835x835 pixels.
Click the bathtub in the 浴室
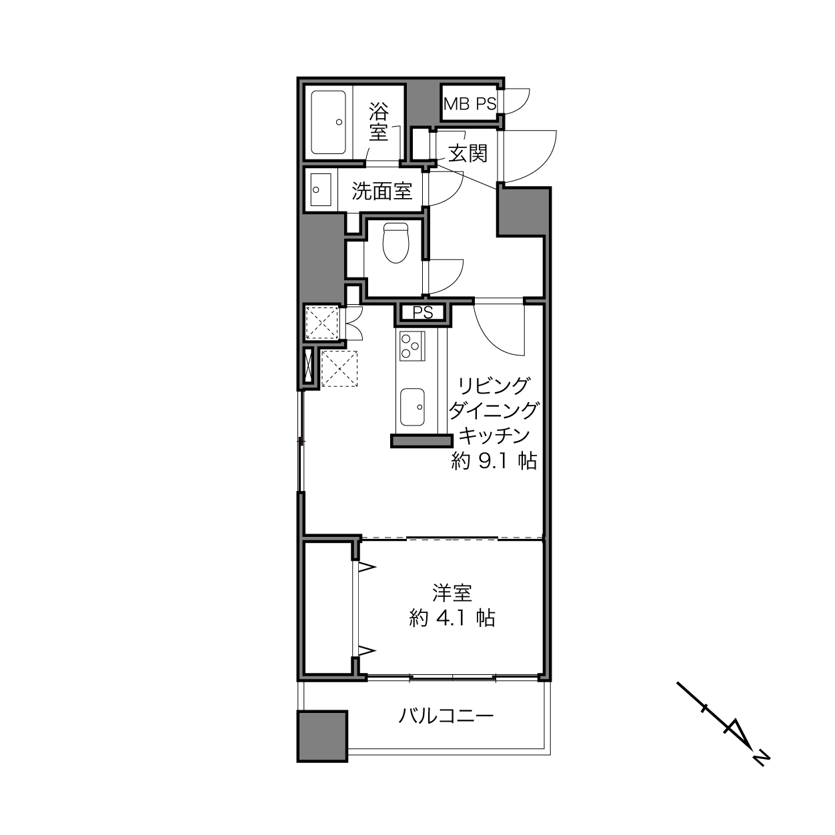tap(328, 122)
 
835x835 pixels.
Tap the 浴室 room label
tap(379, 121)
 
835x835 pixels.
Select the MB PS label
tap(470, 104)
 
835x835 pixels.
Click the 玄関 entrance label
tap(468, 153)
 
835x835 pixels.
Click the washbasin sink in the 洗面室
tap(321, 190)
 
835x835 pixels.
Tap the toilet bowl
tap(396, 243)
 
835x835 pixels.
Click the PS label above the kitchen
tap(423, 312)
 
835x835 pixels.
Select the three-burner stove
tap(412, 345)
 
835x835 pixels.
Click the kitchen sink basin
tap(412, 406)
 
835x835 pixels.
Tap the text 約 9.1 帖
tap(494, 461)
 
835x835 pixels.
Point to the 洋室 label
tap(452, 593)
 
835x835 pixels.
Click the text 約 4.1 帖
tap(452, 618)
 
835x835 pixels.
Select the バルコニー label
tap(446, 716)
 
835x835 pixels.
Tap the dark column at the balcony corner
tap(322, 736)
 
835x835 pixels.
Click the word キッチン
tap(494, 436)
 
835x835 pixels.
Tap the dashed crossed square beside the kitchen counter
tap(339, 368)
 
